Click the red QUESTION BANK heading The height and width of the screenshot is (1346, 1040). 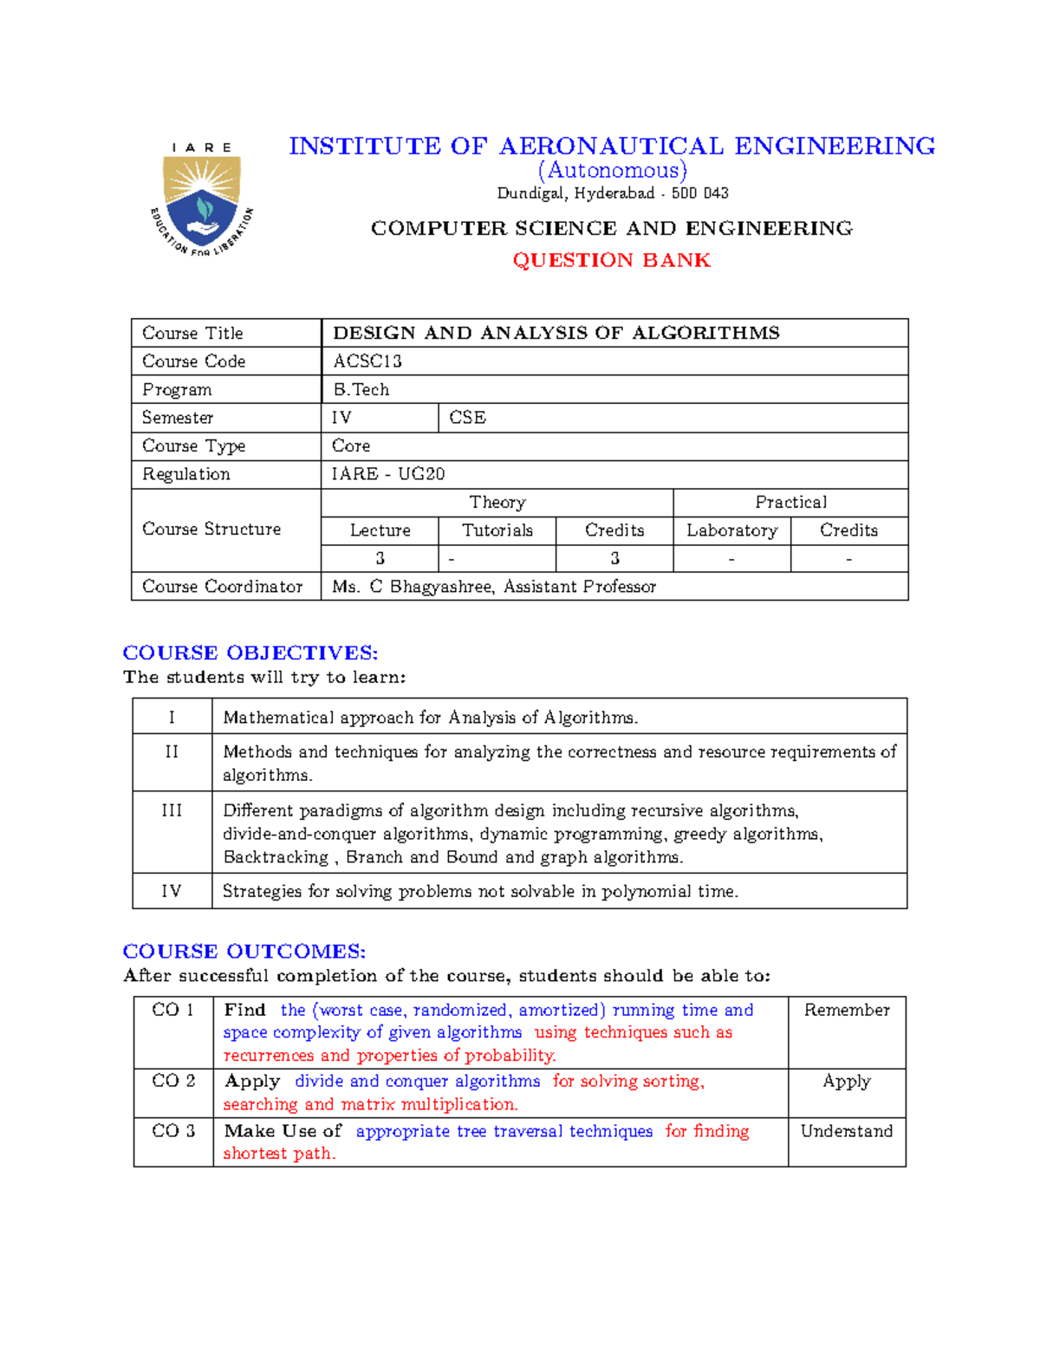[611, 260]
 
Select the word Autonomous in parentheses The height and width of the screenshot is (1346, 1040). [612, 170]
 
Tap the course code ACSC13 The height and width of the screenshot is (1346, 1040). [367, 361]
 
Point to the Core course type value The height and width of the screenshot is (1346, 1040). [351, 445]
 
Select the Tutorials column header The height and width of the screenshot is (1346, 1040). [497, 530]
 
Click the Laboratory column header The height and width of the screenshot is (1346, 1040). [731, 530]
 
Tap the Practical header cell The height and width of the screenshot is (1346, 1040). [790, 503]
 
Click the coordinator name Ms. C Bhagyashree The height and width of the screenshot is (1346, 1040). [413, 587]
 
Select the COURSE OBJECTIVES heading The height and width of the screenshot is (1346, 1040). [250, 653]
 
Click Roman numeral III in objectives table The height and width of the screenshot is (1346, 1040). [172, 810]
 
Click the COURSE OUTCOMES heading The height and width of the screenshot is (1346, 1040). [244, 951]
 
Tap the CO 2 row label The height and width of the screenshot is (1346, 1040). [173, 1081]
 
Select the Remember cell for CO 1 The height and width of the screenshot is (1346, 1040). [847, 1010]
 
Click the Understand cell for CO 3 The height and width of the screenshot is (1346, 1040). [847, 1131]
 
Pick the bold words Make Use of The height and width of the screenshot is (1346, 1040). [283, 1131]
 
